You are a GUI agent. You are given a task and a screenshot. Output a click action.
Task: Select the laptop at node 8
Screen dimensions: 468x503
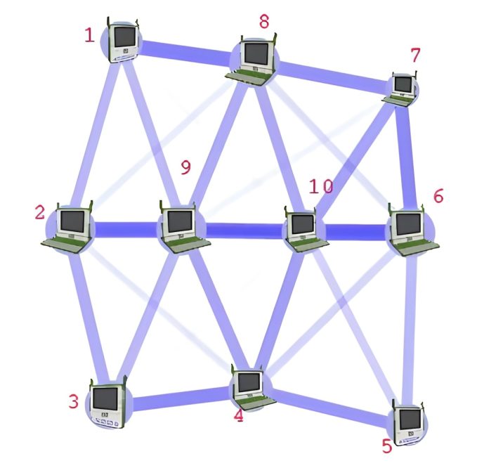[x=254, y=59]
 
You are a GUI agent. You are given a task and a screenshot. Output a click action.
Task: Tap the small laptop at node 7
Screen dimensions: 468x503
[x=402, y=88]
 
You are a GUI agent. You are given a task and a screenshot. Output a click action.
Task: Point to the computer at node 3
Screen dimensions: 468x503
[x=107, y=403]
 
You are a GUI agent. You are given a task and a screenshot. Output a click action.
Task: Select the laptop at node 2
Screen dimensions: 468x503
[x=70, y=227]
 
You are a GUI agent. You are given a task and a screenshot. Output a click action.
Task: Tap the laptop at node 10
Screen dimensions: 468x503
[x=303, y=228]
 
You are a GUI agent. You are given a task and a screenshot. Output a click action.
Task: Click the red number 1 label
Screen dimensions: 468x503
[x=89, y=34]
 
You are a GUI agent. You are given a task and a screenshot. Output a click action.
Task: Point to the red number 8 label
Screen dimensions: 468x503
[x=263, y=21]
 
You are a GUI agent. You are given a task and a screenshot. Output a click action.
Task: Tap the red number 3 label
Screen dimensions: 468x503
[x=73, y=402]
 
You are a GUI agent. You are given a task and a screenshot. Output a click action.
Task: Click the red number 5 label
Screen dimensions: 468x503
[x=386, y=446]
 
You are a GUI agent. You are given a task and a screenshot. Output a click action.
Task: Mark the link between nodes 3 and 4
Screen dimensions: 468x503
[x=179, y=399]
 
